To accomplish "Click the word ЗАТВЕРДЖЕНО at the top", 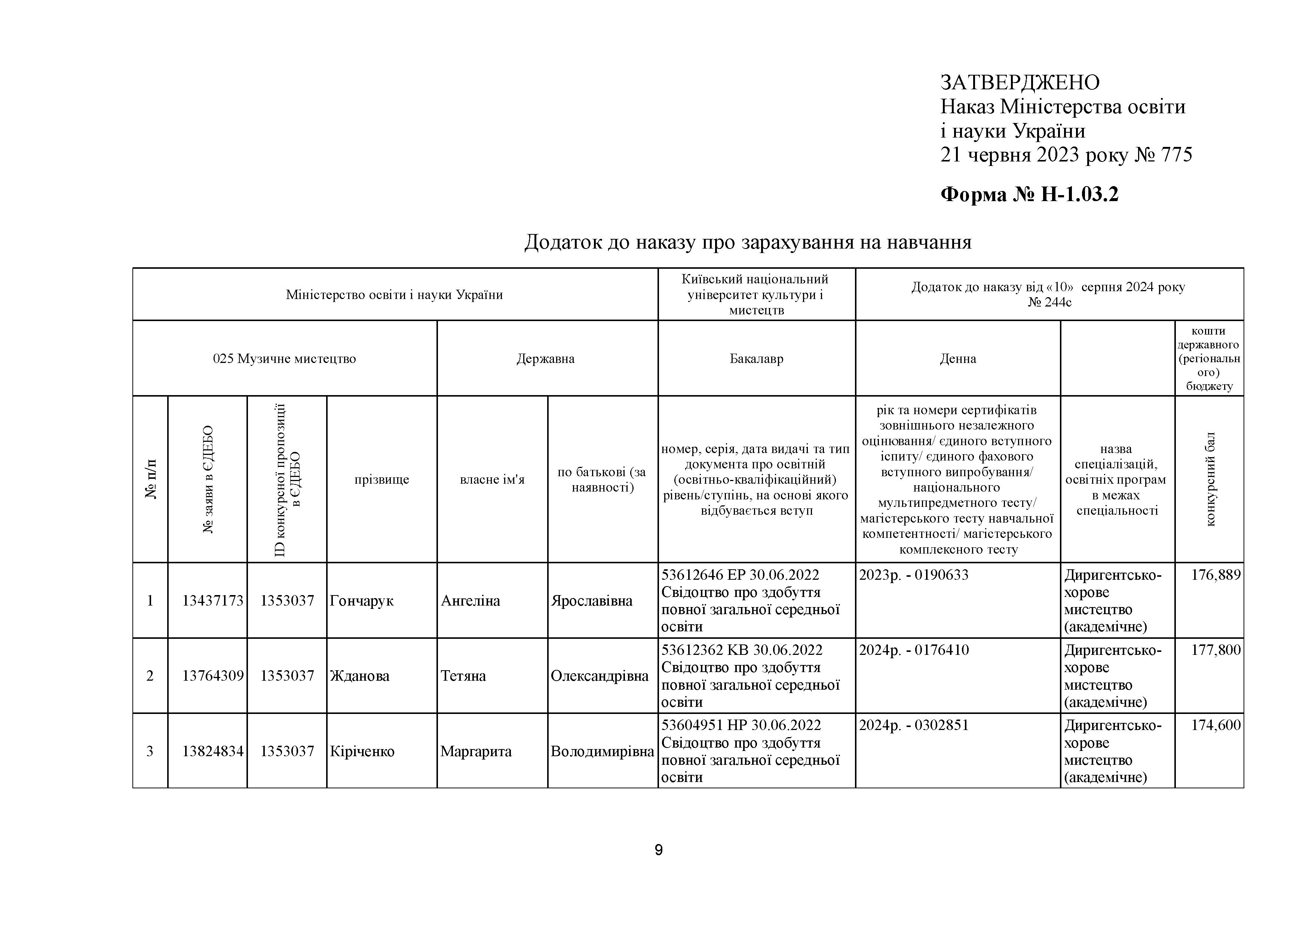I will (x=1020, y=83).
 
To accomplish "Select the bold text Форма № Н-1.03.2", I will (x=1029, y=195).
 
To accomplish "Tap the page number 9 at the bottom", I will (x=658, y=850).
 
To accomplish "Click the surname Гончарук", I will (x=361, y=601).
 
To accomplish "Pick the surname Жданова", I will (x=359, y=676).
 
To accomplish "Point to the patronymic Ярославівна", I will (x=591, y=601).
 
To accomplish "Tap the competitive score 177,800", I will (x=1216, y=650).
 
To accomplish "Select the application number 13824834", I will (x=212, y=751).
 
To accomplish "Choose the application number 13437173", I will (x=212, y=601).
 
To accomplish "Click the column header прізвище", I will (x=382, y=479).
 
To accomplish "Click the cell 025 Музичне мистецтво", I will (x=285, y=359).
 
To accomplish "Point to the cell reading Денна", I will (x=958, y=359).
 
